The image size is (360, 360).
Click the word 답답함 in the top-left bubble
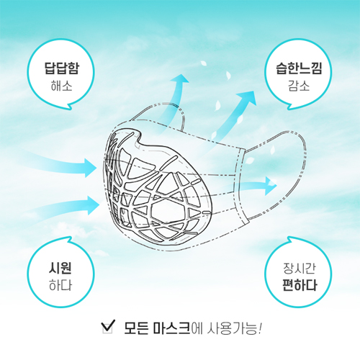click(61, 68)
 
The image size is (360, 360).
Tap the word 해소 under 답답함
click(61, 86)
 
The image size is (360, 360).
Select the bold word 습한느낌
click(299, 68)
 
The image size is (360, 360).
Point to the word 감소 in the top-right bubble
click(299, 86)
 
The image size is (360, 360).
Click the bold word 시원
click(60, 268)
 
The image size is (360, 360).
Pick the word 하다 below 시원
click(60, 286)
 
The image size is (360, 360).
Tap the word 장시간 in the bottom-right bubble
click(299, 269)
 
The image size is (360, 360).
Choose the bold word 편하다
click(300, 285)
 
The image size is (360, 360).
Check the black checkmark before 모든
click(108, 325)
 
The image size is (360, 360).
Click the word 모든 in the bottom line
click(136, 328)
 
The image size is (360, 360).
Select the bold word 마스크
click(172, 328)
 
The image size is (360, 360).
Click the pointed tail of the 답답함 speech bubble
click(70, 107)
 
